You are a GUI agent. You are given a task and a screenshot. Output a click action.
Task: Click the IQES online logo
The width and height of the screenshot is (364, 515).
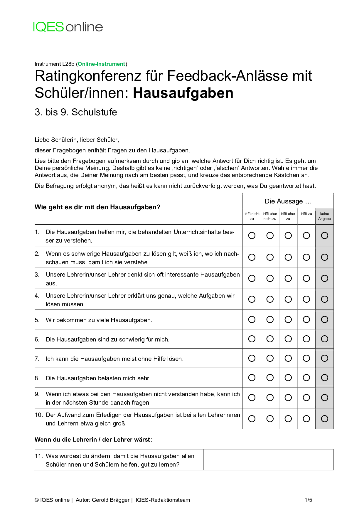click(68, 27)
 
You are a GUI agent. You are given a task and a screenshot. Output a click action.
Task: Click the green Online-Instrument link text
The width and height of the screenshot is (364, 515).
click(102, 64)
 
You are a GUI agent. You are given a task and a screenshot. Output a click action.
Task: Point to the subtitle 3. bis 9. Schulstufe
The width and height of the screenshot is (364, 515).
click(76, 112)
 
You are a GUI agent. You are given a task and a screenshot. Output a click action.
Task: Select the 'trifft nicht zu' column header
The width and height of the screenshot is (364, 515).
click(252, 216)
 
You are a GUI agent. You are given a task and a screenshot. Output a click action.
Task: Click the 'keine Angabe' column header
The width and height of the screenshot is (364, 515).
click(324, 216)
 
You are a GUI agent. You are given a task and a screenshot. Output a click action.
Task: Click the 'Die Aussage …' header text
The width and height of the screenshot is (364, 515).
click(288, 201)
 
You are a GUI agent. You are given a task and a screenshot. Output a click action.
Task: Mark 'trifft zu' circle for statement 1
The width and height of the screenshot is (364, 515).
click(306, 235)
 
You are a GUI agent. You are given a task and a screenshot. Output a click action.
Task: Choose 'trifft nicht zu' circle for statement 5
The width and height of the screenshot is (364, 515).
click(252, 319)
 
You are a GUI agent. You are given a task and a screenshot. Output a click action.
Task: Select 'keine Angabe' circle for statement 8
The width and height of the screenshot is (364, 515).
click(325, 378)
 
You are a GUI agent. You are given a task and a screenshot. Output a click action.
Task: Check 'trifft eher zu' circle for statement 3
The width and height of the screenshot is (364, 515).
click(288, 278)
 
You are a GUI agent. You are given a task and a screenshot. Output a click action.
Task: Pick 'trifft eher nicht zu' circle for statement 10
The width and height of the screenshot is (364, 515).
click(270, 419)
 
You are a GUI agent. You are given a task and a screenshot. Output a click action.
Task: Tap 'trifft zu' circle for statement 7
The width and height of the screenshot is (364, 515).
click(306, 358)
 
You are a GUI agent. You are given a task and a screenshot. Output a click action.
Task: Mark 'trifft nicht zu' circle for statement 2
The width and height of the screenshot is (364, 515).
click(252, 257)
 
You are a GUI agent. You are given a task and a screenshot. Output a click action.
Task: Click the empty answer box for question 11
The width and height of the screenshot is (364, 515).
click(269, 460)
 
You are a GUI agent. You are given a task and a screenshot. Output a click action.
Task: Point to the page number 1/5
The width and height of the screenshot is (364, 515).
click(308, 500)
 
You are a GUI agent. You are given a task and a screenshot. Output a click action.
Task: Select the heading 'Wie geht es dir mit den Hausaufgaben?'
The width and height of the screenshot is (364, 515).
click(97, 207)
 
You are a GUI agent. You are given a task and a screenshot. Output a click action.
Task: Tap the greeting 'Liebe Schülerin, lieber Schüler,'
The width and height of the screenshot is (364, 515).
click(77, 140)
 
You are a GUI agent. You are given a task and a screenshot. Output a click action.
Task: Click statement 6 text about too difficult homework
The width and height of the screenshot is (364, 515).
click(107, 339)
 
